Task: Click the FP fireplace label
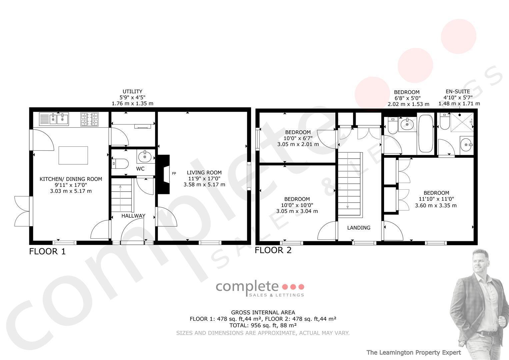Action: [174, 173]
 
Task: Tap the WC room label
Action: [140, 169]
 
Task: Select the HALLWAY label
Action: [133, 216]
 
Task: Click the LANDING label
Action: [359, 227]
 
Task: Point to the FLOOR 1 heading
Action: [47, 251]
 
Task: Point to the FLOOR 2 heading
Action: [273, 250]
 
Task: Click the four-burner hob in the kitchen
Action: [90, 119]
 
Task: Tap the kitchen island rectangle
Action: [73, 155]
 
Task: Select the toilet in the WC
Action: [120, 163]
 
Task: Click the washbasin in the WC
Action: [145, 156]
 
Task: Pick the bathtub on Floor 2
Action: [425, 134]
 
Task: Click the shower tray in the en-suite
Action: [462, 122]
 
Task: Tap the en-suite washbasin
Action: [467, 145]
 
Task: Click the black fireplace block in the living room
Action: [164, 174]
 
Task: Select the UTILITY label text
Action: [132, 91]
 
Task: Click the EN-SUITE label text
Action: [458, 92]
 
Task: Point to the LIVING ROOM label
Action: [204, 173]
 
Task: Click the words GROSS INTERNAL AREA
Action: [263, 313]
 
